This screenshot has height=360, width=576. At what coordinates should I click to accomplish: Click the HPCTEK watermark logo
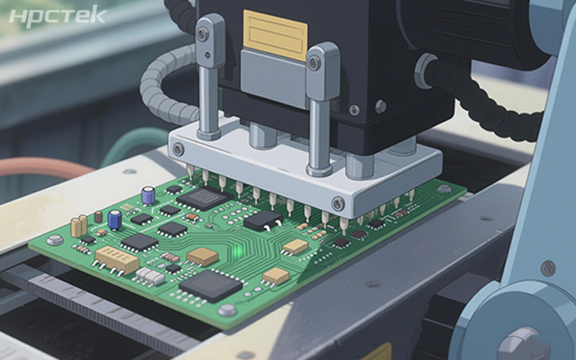pyautogui.click(x=58, y=16)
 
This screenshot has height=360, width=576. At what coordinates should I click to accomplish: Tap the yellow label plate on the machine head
pyautogui.click(x=275, y=35)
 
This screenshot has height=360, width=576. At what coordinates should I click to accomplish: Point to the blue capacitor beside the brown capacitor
pyautogui.click(x=114, y=220)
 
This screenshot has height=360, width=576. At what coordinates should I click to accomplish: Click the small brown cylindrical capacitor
pyautogui.click(x=98, y=216)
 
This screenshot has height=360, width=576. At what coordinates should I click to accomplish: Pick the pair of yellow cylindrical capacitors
pyautogui.click(x=79, y=226)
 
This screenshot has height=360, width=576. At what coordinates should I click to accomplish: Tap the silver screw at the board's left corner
pyautogui.click(x=55, y=240)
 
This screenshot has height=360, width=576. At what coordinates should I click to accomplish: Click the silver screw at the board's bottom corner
pyautogui.click(x=228, y=310)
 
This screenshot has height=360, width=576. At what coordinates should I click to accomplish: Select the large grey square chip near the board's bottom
pyautogui.click(x=206, y=286)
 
